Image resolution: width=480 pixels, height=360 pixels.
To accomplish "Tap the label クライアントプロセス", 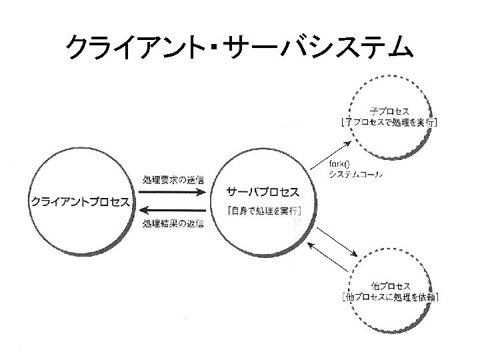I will (x=81, y=201).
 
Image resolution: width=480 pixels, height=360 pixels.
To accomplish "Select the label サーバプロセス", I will (x=263, y=191).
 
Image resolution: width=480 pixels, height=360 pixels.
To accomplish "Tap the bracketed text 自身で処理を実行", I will (x=263, y=211).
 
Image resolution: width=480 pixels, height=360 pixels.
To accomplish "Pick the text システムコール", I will (x=355, y=175).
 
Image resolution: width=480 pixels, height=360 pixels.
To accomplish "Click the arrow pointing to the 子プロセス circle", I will (x=331, y=153).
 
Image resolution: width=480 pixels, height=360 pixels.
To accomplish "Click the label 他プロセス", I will (x=389, y=285).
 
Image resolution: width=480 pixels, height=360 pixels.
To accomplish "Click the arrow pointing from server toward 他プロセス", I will (x=339, y=244).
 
